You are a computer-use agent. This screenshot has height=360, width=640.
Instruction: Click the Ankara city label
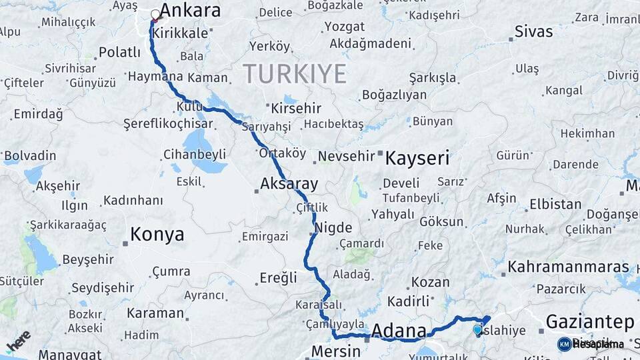click(x=191, y=11)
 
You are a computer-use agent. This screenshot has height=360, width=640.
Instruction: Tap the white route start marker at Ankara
click(x=155, y=14)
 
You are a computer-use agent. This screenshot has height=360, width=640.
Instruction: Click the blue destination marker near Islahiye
click(x=477, y=329)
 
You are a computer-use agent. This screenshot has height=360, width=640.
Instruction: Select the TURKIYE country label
click(x=294, y=73)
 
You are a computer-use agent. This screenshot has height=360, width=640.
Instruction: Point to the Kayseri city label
click(x=417, y=159)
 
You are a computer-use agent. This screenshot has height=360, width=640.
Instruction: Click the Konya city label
click(x=157, y=234)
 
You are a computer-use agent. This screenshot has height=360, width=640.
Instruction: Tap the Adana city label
click(x=399, y=331)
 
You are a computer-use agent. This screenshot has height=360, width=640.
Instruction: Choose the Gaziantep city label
click(x=589, y=322)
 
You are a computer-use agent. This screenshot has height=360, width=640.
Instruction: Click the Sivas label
click(x=534, y=31)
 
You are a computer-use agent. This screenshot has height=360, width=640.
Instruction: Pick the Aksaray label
click(x=289, y=183)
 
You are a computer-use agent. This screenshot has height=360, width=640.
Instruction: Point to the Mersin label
click(x=336, y=350)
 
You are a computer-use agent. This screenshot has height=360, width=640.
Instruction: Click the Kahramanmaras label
click(x=568, y=267)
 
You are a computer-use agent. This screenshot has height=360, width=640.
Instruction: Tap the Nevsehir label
click(x=344, y=156)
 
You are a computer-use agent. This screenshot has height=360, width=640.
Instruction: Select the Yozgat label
click(x=344, y=27)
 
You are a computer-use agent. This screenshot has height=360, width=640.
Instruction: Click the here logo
click(x=18, y=341)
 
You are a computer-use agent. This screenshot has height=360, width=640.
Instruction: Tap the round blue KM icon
click(x=564, y=344)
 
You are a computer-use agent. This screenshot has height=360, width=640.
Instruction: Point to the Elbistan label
click(x=555, y=204)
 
